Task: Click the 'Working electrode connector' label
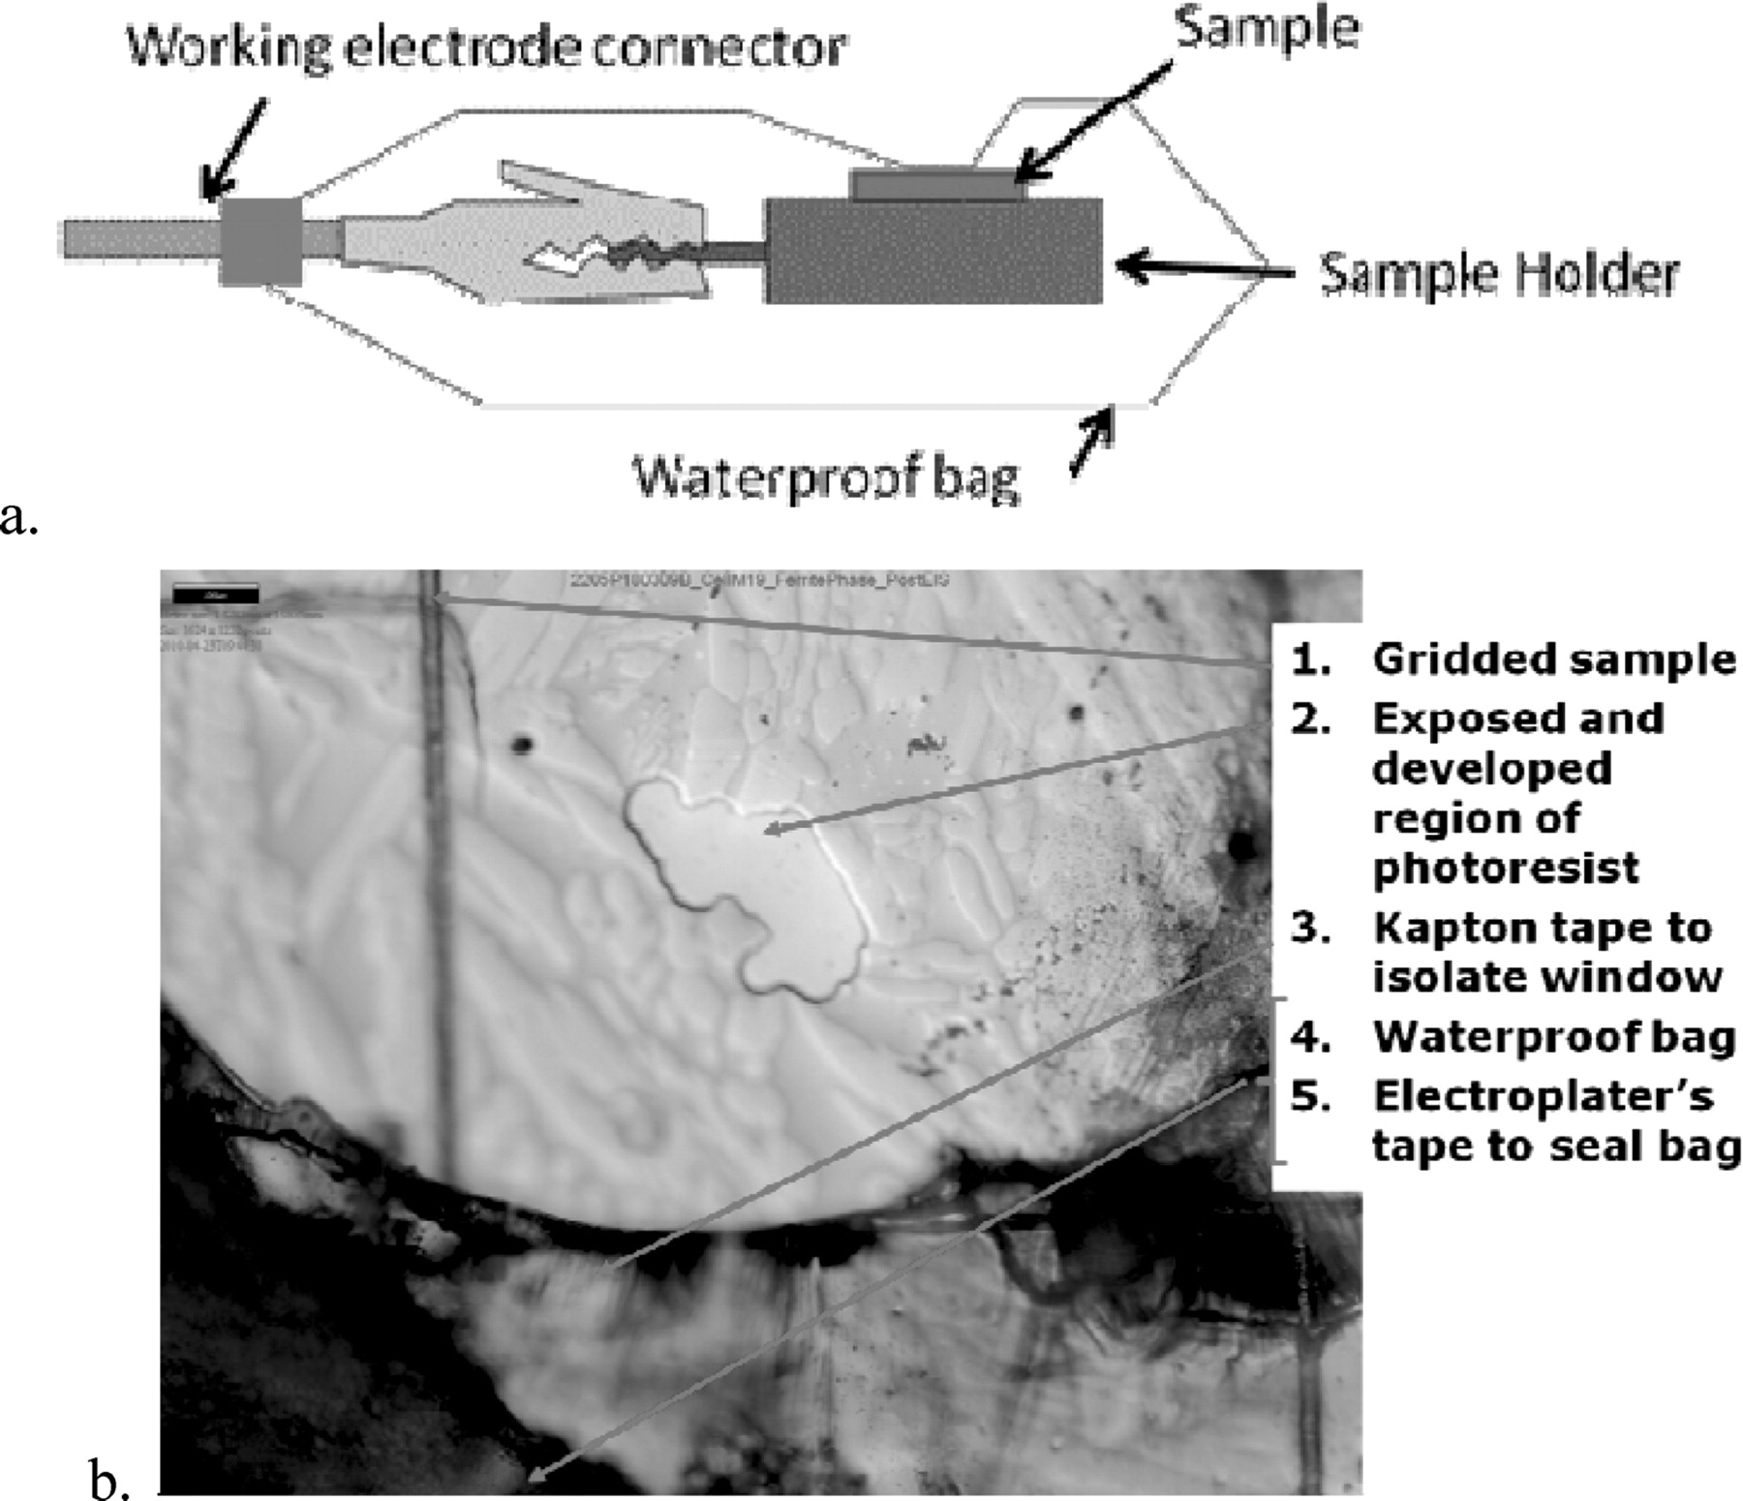click(487, 47)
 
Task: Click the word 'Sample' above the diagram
click(1267, 29)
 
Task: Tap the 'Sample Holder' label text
click(1499, 274)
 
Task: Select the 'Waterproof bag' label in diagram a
click(826, 476)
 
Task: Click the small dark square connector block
click(260, 241)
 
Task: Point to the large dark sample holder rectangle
click(933, 252)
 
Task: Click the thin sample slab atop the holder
click(937, 184)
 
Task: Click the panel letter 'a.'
click(19, 518)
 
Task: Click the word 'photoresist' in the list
click(1506, 868)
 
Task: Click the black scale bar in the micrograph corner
click(215, 595)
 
